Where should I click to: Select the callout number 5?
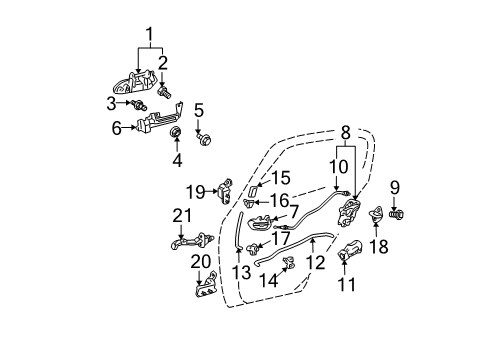click(x=199, y=110)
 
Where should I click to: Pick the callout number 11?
click(x=347, y=286)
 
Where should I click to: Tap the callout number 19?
click(x=203, y=191)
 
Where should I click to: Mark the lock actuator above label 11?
click(x=352, y=251)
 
